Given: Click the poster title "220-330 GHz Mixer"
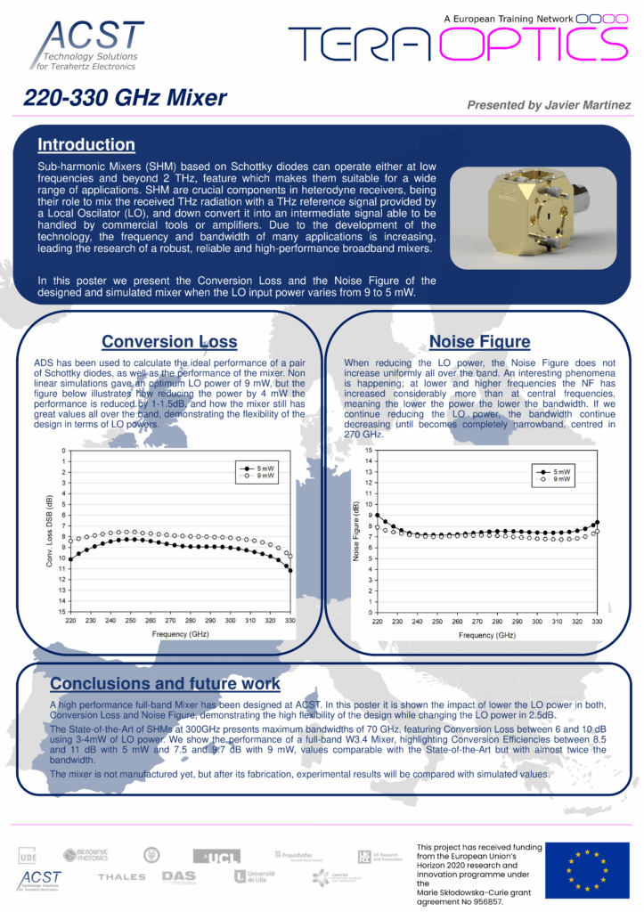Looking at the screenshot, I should (x=126, y=98).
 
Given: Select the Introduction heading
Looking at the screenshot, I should (x=86, y=145).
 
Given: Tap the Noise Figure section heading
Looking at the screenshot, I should (x=479, y=341).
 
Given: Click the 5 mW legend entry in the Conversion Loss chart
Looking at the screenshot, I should (x=257, y=468).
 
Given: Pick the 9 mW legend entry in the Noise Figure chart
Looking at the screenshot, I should (x=554, y=479).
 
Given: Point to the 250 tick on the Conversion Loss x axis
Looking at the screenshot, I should (x=130, y=620).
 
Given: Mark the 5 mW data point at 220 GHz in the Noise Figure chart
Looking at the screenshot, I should (x=378, y=515).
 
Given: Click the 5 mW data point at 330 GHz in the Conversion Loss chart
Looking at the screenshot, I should (x=290, y=570).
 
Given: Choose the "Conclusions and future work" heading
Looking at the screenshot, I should (x=165, y=684).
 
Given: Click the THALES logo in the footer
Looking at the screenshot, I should (x=121, y=877).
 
